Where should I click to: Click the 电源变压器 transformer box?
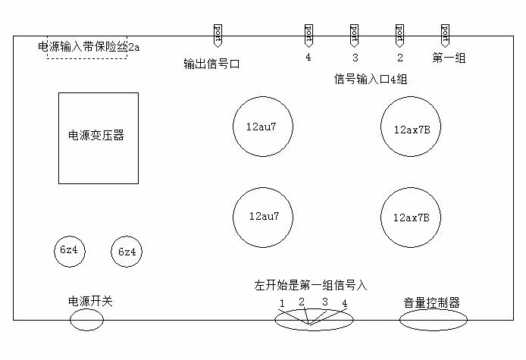[x=99, y=138]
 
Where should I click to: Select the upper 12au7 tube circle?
[x=262, y=127]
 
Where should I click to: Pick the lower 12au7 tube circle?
[x=262, y=217]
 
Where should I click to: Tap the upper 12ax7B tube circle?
[x=411, y=127]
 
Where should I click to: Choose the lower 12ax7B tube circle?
[x=411, y=217]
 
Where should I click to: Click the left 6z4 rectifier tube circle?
[x=69, y=251]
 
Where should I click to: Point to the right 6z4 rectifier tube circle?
[x=126, y=252]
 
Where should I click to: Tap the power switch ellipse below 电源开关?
[x=86, y=321]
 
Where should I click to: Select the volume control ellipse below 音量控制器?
[x=433, y=321]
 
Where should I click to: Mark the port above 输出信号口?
[x=218, y=35]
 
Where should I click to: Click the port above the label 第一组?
[x=446, y=35]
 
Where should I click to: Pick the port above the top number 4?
[x=308, y=35]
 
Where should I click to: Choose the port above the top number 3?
[x=354, y=35]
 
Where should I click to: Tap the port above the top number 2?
[x=399, y=35]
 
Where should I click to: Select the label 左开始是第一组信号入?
[x=310, y=286]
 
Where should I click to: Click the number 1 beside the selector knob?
[x=281, y=304]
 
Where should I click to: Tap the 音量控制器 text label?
[x=432, y=302]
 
